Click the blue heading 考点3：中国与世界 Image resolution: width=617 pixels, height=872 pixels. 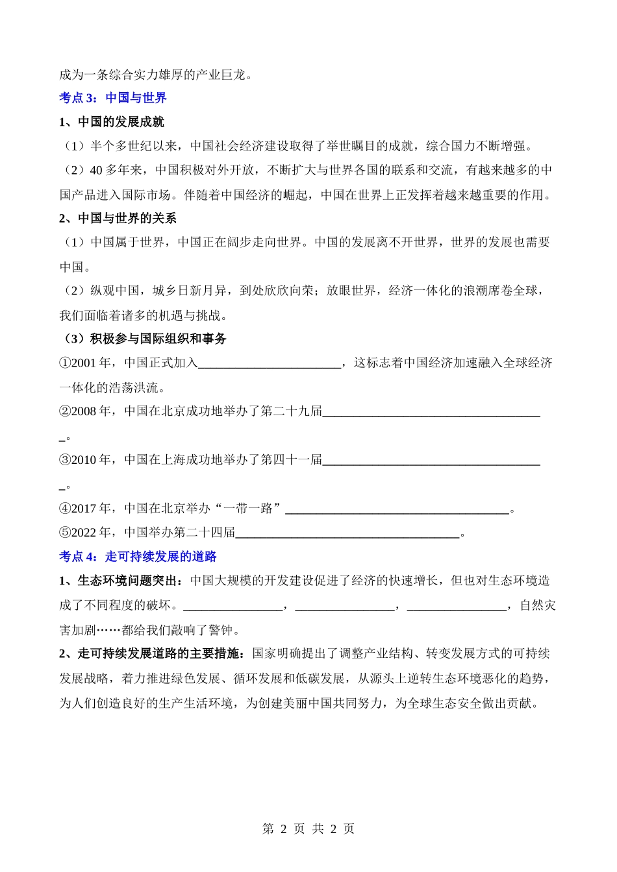(x=113, y=98)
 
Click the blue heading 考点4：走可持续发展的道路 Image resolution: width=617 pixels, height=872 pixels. (x=138, y=557)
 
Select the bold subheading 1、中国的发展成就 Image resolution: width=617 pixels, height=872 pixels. (x=112, y=122)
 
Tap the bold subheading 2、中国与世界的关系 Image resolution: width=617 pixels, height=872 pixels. (x=118, y=219)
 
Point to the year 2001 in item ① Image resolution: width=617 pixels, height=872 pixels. (x=84, y=363)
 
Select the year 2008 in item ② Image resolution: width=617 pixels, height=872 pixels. (x=84, y=411)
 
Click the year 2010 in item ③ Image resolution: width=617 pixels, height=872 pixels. (x=84, y=460)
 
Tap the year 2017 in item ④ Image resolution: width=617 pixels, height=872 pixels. (x=84, y=509)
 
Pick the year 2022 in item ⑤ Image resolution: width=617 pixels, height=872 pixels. (x=84, y=533)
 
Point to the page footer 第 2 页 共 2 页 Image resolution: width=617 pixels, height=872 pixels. (x=308, y=829)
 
